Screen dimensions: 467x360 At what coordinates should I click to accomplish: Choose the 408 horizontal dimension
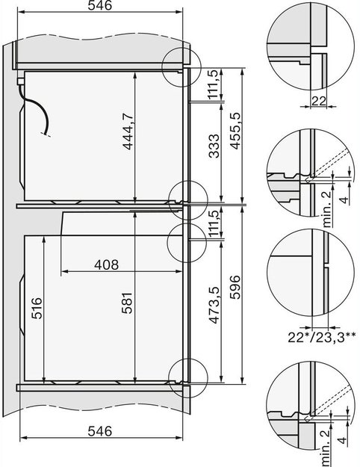[x=109, y=264]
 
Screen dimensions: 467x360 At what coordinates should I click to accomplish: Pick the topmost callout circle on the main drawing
[x=182, y=64]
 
